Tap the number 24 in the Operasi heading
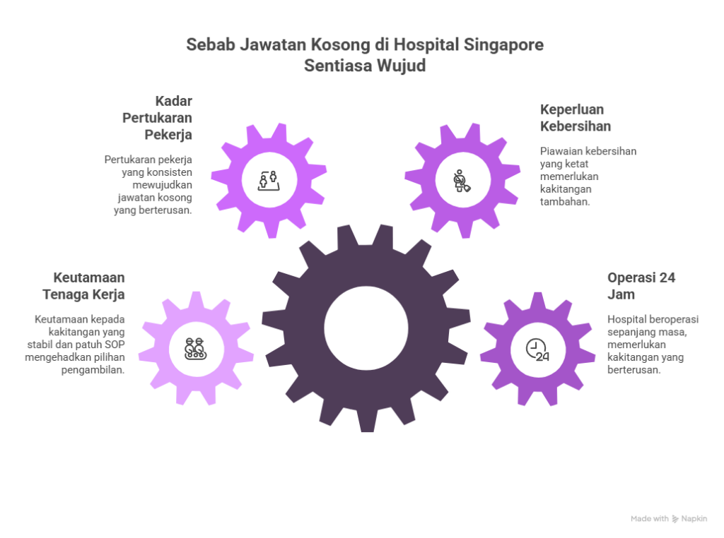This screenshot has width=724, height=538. (x=666, y=277)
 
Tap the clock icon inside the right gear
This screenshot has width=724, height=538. (x=538, y=349)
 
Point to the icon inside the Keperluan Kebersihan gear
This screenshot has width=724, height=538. (x=462, y=180)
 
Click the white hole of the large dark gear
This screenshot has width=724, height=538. (x=366, y=327)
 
